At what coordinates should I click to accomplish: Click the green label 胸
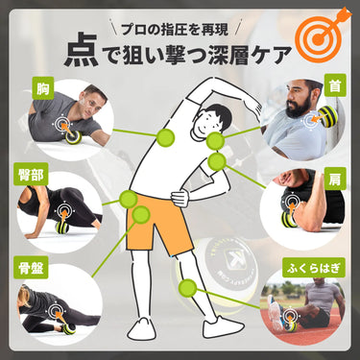[x=43, y=88]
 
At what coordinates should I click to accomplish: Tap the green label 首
[x=335, y=85]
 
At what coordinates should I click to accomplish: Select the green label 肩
[x=335, y=179]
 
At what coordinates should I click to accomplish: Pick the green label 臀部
[x=31, y=174]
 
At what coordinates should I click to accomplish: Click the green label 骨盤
[x=31, y=267]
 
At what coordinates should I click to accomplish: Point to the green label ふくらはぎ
[x=313, y=268]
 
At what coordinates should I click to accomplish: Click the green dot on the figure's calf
[x=188, y=288]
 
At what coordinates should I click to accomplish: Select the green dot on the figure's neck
[x=215, y=141]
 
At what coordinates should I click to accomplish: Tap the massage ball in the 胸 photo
[x=73, y=137]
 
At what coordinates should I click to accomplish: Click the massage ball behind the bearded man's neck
[x=327, y=116]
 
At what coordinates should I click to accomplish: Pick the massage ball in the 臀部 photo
[x=62, y=228]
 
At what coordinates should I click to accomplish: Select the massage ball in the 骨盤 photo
[x=68, y=328]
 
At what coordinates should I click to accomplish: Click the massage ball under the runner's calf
[x=291, y=324]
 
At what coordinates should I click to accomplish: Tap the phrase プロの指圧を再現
[x=175, y=30]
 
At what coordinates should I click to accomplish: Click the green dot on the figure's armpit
[x=165, y=137]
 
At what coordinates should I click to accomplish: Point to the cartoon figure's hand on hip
[x=180, y=199]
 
